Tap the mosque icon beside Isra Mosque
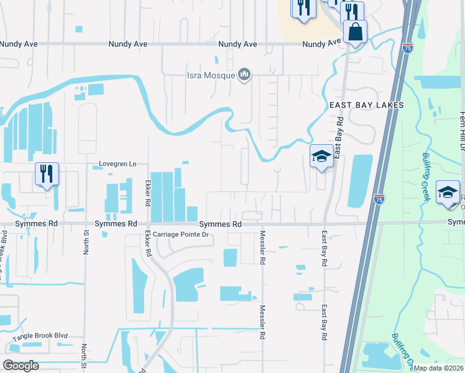pos(244,75)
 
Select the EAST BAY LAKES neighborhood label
pos(367,105)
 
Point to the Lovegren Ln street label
pos(117,164)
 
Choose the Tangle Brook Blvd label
pos(39,336)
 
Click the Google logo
pos(22,365)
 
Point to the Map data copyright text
pos(438,368)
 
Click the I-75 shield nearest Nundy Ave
pos(407,48)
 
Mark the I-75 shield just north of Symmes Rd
pos(379,199)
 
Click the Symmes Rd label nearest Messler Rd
pos(220,223)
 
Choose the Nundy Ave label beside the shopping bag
pos(322,44)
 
